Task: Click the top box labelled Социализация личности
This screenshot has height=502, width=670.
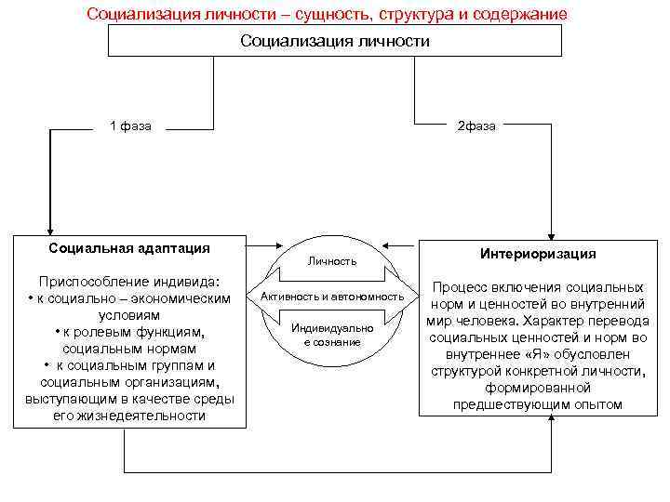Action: (335, 41)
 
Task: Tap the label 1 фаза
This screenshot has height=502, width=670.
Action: (131, 126)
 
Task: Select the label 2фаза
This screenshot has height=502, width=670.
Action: (476, 126)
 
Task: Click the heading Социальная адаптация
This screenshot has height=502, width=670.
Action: (129, 248)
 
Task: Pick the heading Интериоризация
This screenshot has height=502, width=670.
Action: (539, 253)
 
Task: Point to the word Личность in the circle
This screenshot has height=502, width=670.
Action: (333, 263)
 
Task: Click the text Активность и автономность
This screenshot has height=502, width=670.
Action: (332, 296)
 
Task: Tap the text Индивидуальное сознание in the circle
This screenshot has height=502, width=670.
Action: (332, 336)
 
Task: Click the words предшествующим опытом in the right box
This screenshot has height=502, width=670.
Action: (537, 404)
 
